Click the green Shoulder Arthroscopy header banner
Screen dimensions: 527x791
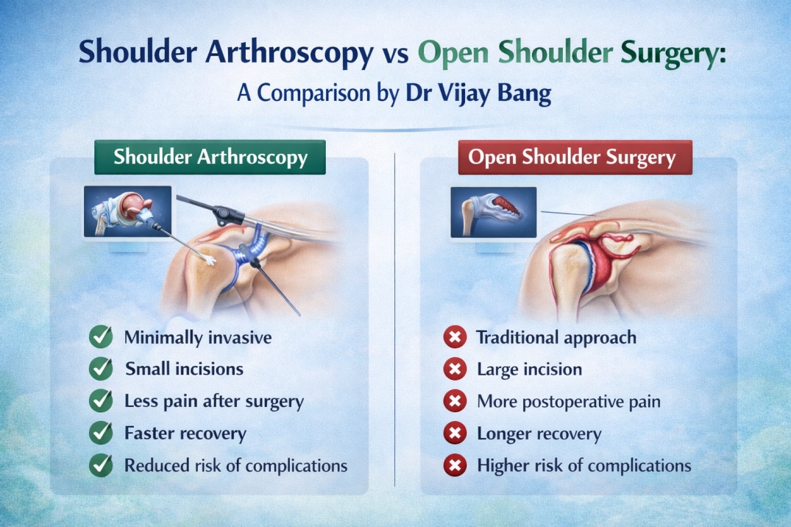tap(210, 158)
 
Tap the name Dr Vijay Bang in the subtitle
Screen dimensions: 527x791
tap(478, 96)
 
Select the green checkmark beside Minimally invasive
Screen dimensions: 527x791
tap(100, 338)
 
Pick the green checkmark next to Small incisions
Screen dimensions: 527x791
tap(100, 369)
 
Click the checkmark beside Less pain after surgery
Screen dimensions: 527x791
tap(100, 401)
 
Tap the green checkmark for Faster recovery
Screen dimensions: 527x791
tap(100, 433)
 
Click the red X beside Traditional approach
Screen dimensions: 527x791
tap(455, 338)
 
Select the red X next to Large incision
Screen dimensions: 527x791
tap(455, 369)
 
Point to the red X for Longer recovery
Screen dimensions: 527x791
tap(455, 434)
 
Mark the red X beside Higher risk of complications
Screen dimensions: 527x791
tap(455, 465)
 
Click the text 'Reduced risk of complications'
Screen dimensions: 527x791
tap(235, 465)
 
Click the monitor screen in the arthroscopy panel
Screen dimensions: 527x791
tap(127, 211)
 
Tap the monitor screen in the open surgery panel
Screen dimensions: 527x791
tap(493, 212)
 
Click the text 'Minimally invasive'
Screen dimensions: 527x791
tap(198, 338)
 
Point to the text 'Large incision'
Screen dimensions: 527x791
tap(529, 369)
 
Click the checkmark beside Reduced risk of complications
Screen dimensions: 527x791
tap(100, 464)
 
